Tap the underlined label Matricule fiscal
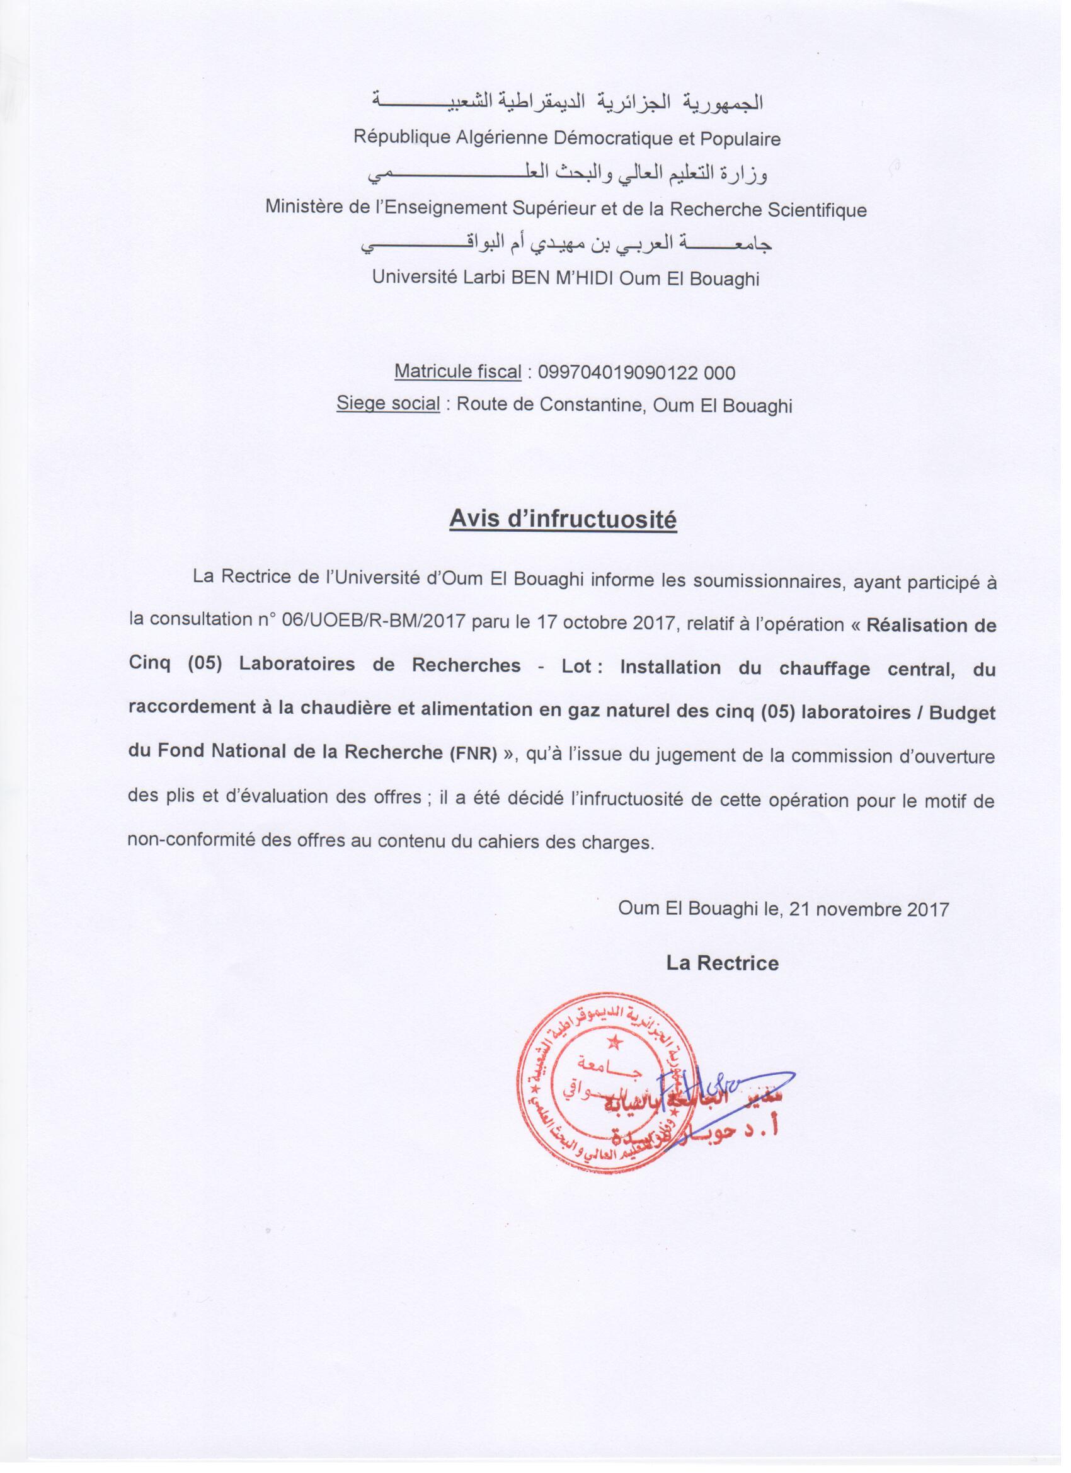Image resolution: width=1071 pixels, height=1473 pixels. pyautogui.click(x=458, y=372)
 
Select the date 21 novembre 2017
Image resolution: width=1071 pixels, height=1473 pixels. pyautogui.click(x=869, y=909)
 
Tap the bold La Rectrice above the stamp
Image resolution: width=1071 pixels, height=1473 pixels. pyautogui.click(x=722, y=963)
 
